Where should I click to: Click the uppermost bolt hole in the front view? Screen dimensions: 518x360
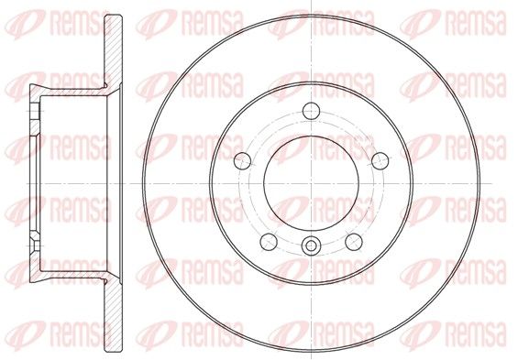(311, 111)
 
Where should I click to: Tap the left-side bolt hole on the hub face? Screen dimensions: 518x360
(242, 160)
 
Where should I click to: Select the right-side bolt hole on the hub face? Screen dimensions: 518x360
(380, 160)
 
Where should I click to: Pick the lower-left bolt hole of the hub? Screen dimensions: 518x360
(269, 242)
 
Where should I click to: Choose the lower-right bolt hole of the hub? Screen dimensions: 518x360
(354, 242)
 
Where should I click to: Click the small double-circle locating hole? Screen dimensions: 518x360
(311, 245)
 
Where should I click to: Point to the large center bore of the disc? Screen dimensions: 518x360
(311, 183)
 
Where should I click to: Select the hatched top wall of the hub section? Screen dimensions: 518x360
(71, 91)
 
